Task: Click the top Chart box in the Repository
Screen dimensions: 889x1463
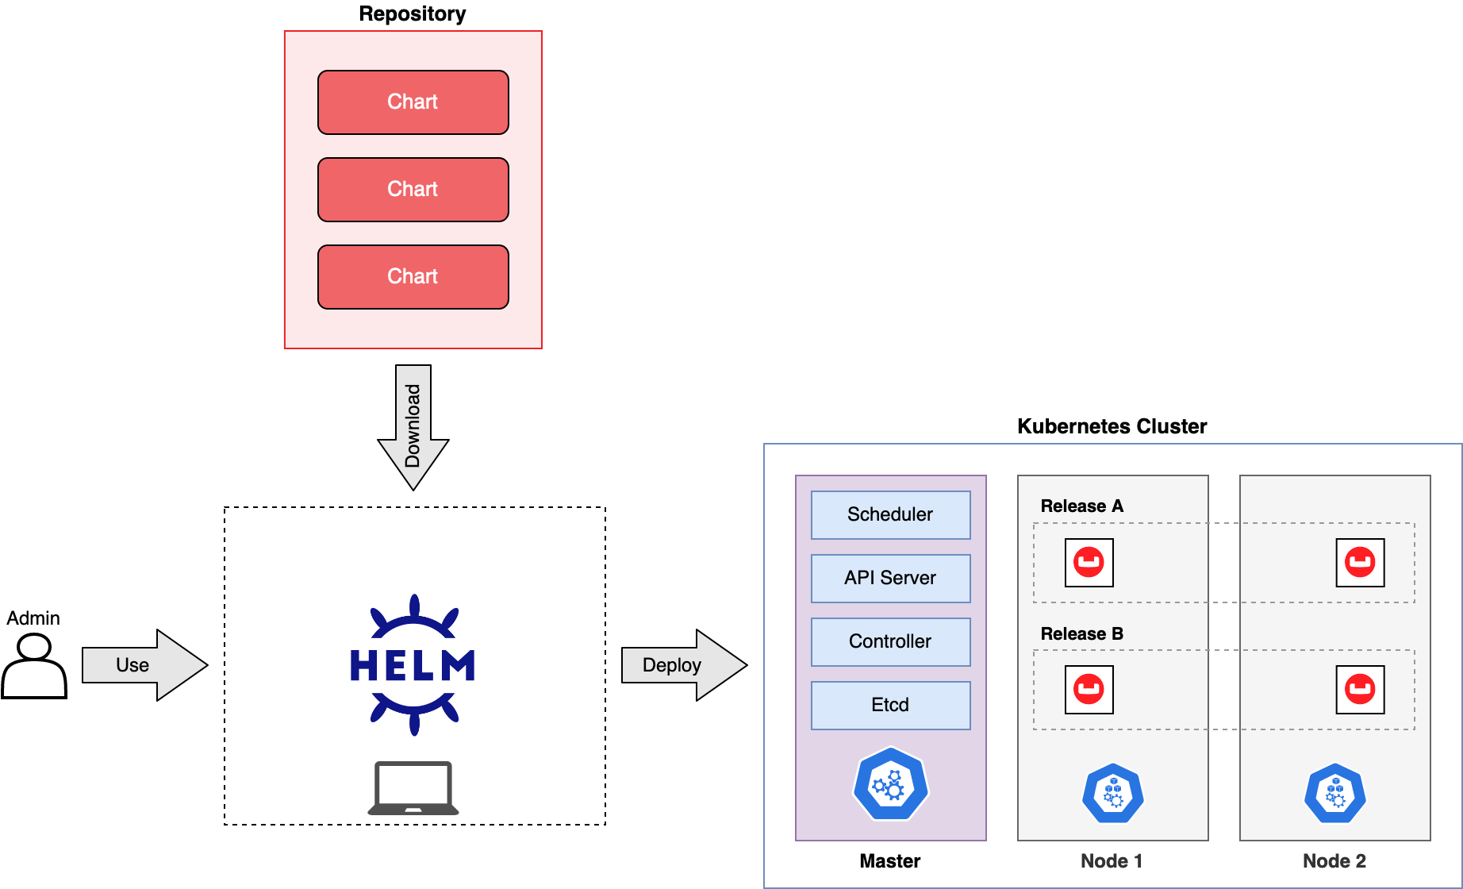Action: (413, 102)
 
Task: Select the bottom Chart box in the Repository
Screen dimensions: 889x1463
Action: (413, 277)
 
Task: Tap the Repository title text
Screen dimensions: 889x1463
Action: (412, 13)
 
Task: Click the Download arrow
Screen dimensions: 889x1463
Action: (413, 427)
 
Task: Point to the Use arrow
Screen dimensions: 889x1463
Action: (143, 665)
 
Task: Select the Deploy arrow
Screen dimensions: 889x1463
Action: (682, 665)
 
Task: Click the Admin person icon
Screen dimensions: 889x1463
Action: (34, 668)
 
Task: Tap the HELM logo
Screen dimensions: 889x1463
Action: (413, 665)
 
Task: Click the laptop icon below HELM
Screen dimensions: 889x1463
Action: (413, 788)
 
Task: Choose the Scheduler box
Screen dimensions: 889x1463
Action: (890, 515)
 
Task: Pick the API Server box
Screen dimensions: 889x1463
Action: (890, 579)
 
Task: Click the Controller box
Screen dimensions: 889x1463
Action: (890, 642)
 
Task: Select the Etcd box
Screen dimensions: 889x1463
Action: (890, 706)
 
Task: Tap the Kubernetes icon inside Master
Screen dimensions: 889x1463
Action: (890, 785)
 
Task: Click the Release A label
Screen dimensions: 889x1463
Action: (1081, 506)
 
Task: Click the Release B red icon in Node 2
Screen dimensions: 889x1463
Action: (1360, 689)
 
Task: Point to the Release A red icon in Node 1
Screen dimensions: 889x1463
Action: (1089, 563)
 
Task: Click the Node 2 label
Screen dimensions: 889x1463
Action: (1334, 861)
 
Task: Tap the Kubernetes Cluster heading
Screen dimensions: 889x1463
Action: (1112, 426)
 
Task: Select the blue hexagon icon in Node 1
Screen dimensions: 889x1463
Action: (1112, 793)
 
